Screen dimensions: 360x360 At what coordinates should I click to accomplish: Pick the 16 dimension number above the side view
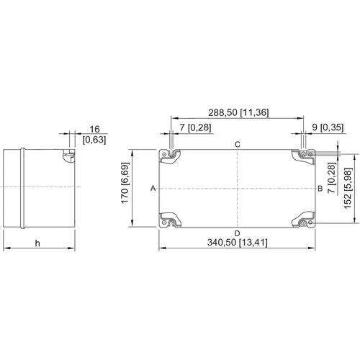[x=94, y=130]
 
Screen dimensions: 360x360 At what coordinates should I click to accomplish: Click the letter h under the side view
[x=37, y=243]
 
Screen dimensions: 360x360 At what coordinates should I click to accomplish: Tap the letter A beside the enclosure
[x=153, y=189]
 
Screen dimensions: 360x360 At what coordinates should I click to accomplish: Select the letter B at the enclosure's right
[x=320, y=189]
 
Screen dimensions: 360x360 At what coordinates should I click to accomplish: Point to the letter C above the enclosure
[x=238, y=145]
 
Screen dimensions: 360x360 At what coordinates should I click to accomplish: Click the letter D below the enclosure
[x=237, y=233]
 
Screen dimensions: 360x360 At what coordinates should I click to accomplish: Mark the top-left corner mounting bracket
[x=170, y=156]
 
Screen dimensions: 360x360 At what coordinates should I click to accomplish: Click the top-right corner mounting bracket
[x=303, y=156]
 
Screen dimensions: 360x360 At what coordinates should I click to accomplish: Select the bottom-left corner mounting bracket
[x=170, y=220]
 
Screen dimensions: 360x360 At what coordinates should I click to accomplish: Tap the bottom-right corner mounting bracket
[x=303, y=220]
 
